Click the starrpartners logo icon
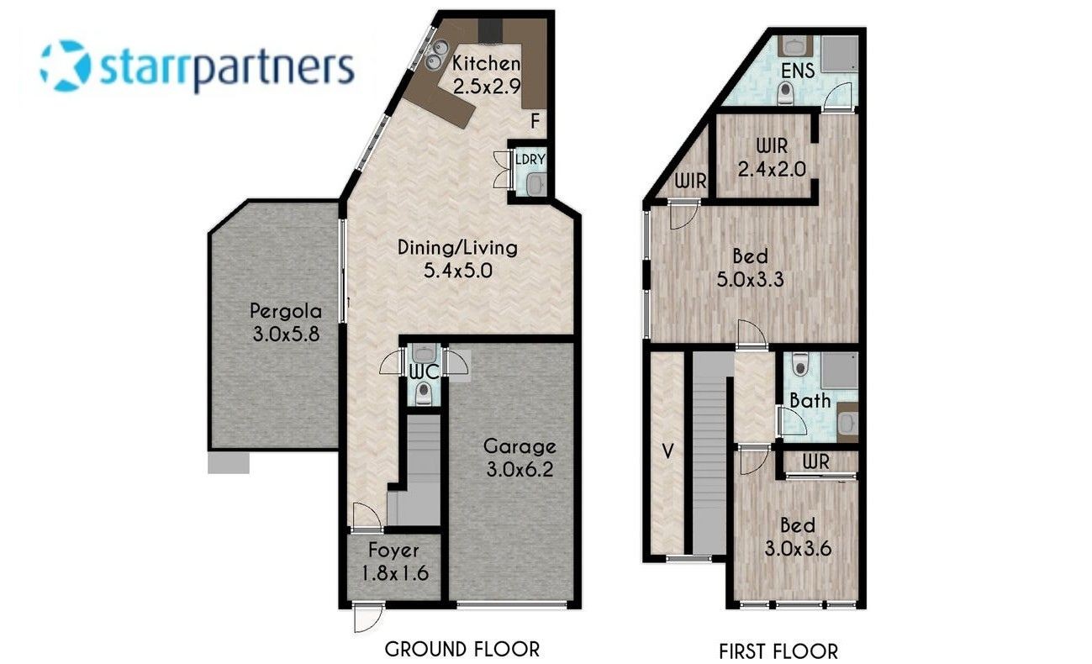click(x=66, y=66)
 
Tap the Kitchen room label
click(x=486, y=63)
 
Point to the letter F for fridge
click(x=535, y=120)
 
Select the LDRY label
click(x=530, y=160)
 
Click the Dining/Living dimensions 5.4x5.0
click(x=458, y=270)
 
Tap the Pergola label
click(x=286, y=311)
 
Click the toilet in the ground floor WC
click(x=424, y=393)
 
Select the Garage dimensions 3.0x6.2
click(x=520, y=469)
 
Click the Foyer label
click(x=393, y=551)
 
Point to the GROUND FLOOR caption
click(x=462, y=650)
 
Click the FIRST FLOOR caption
click(x=778, y=651)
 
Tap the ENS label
click(x=798, y=71)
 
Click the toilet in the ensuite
click(x=785, y=93)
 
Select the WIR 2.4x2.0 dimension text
click(x=772, y=169)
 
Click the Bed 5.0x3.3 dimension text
click(x=750, y=279)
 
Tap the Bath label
click(x=810, y=401)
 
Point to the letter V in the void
click(x=667, y=451)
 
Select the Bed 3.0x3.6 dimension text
click(x=798, y=549)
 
